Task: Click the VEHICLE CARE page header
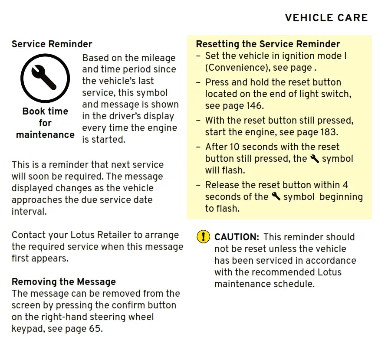point(326,18)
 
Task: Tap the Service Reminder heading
point(52,44)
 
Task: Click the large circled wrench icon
point(45,78)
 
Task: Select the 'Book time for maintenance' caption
point(45,123)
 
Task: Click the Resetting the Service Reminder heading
point(268,44)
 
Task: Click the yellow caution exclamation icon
point(203,237)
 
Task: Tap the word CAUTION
point(237,237)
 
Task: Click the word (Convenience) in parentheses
point(235,68)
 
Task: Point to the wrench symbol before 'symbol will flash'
point(315,159)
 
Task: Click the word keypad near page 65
point(27,329)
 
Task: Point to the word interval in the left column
point(29,212)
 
